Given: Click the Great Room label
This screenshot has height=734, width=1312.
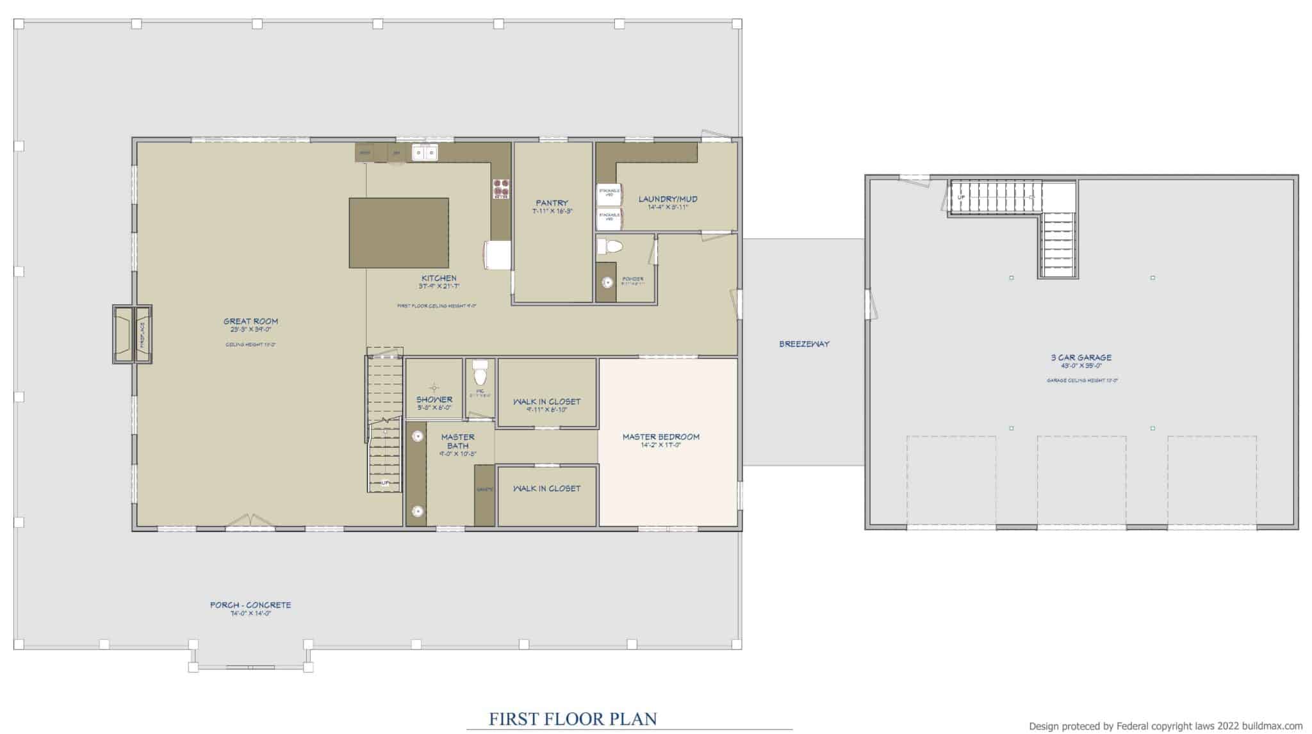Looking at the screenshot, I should [250, 322].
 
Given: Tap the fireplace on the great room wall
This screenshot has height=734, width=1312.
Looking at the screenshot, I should [133, 334].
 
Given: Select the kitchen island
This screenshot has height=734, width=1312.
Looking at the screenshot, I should [398, 232].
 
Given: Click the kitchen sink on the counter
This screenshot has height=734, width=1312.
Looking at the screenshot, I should [424, 152].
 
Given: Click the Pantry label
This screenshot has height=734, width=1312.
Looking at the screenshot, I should [552, 203].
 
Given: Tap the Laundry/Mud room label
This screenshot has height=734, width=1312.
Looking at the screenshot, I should [668, 199].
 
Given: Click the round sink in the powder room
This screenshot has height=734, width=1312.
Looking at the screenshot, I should [607, 281].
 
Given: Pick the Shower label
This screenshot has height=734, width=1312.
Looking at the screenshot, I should [434, 400].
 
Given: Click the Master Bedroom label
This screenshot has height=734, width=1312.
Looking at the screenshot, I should [661, 437].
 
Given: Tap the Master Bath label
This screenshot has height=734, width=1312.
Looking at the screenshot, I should [457, 441].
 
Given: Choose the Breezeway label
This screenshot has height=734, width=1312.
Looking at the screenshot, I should [804, 344].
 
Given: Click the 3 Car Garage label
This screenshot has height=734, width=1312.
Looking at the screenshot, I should [1081, 357].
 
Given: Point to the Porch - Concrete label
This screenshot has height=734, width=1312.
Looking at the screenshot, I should [250, 605].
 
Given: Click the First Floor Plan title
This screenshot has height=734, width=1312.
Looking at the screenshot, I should [573, 719].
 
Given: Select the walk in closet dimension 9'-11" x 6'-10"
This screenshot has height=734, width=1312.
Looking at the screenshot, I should [546, 410].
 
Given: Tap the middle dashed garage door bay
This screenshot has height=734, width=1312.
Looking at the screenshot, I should [1081, 482].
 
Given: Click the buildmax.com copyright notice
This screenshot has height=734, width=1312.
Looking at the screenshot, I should [1165, 726].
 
